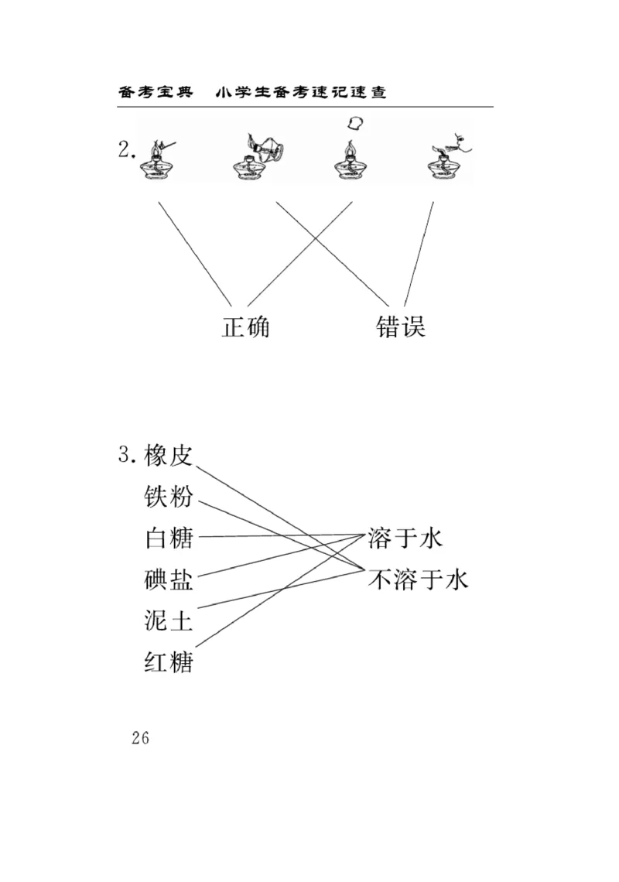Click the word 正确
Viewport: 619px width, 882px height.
[246, 326]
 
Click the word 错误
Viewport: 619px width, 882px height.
[401, 326]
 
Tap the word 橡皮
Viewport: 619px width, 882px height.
[168, 456]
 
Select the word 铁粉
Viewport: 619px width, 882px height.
[168, 497]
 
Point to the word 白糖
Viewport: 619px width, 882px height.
[168, 538]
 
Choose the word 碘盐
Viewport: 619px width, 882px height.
[168, 579]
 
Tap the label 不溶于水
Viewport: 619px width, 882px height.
[418, 579]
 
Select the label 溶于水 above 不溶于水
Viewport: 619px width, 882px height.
[405, 538]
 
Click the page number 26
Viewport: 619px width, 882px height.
[140, 737]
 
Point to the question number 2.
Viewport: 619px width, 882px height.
[125, 150]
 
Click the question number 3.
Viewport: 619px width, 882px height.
[127, 455]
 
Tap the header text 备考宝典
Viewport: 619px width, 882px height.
[154, 92]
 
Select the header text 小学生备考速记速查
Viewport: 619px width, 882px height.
[301, 92]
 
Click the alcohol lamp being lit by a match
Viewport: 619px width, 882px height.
[156, 160]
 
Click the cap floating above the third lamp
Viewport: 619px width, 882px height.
[356, 122]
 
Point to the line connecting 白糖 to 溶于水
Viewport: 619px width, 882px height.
[279, 535]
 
